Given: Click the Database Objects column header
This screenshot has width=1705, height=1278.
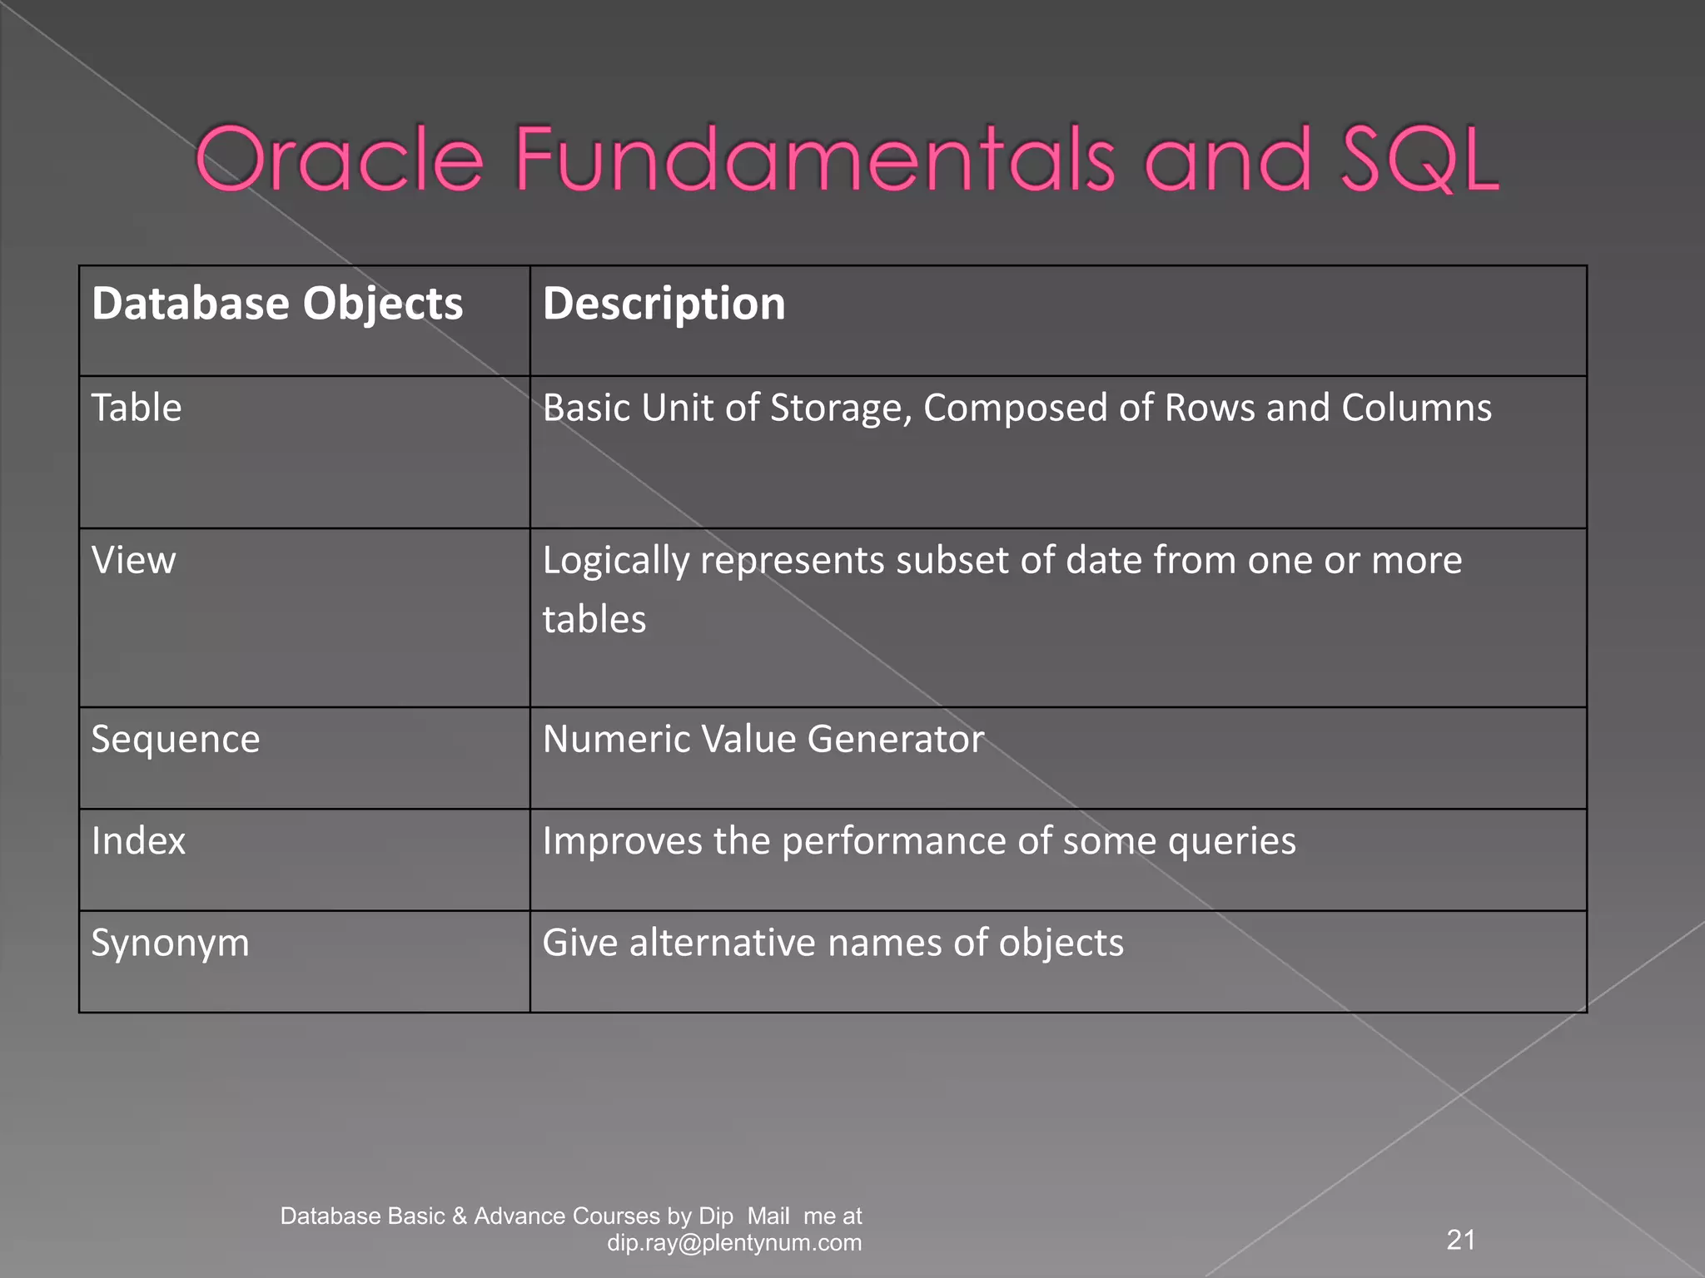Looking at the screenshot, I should pyautogui.click(x=277, y=303).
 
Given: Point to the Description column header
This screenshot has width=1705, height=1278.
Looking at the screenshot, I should pyautogui.click(x=664, y=303).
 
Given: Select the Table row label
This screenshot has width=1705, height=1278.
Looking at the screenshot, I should pyautogui.click(x=137, y=408).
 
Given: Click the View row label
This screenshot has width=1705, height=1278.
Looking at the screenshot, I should pyautogui.click(x=134, y=560).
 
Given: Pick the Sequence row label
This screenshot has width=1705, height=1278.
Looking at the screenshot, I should pyautogui.click(x=176, y=739).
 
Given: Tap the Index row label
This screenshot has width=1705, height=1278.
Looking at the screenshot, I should pyautogui.click(x=138, y=840).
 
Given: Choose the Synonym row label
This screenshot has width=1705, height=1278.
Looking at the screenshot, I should pyautogui.click(x=171, y=943).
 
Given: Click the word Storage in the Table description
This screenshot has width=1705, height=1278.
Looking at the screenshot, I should pyautogui.click(x=841, y=409).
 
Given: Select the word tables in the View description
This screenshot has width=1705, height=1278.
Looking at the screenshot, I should pyautogui.click(x=594, y=619).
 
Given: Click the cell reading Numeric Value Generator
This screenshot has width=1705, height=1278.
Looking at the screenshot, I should pyautogui.click(x=763, y=739).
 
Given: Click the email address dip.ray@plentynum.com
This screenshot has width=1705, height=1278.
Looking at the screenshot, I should pyautogui.click(x=734, y=1243).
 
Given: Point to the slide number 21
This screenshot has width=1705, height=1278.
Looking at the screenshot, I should pyautogui.click(x=1461, y=1240).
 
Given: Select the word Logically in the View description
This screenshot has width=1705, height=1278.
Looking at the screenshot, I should pyautogui.click(x=616, y=561).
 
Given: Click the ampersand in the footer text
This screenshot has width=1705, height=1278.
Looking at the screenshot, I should pyautogui.click(x=460, y=1216).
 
